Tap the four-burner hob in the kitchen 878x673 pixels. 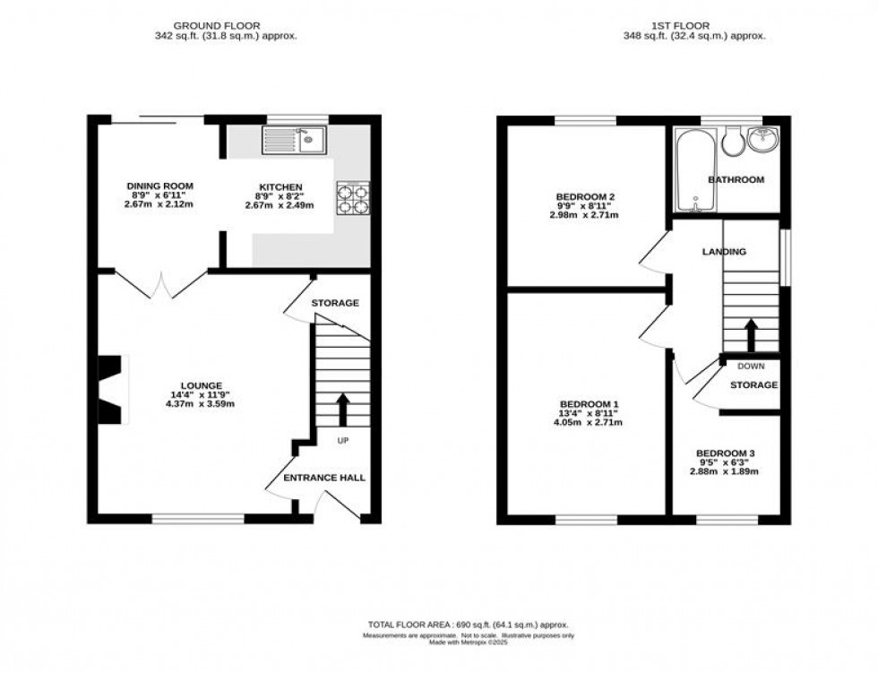(x=353, y=199)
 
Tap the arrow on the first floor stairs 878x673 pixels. (x=749, y=335)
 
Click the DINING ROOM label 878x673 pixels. (x=159, y=186)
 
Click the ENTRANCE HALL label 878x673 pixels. (x=324, y=478)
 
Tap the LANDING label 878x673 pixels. (x=724, y=253)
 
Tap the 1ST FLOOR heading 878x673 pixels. (x=694, y=24)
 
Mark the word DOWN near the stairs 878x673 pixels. (x=751, y=366)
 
